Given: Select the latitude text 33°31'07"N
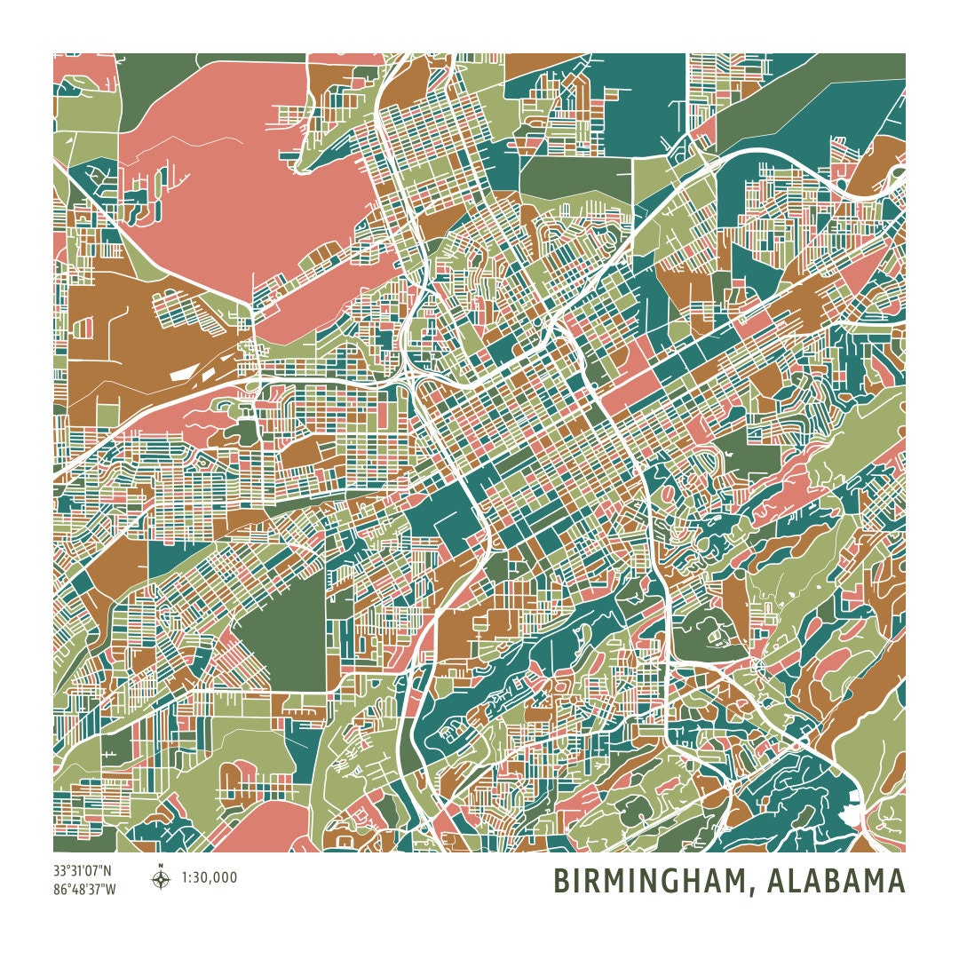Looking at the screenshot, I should coord(83,871).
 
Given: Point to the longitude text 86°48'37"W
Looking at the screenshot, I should coord(83,889).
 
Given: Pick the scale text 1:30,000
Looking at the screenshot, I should coord(210,878).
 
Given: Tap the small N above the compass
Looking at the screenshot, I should coord(161,866).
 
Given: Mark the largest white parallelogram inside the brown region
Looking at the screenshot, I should coord(181,374).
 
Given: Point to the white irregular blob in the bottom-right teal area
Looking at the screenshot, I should coord(854,813).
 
